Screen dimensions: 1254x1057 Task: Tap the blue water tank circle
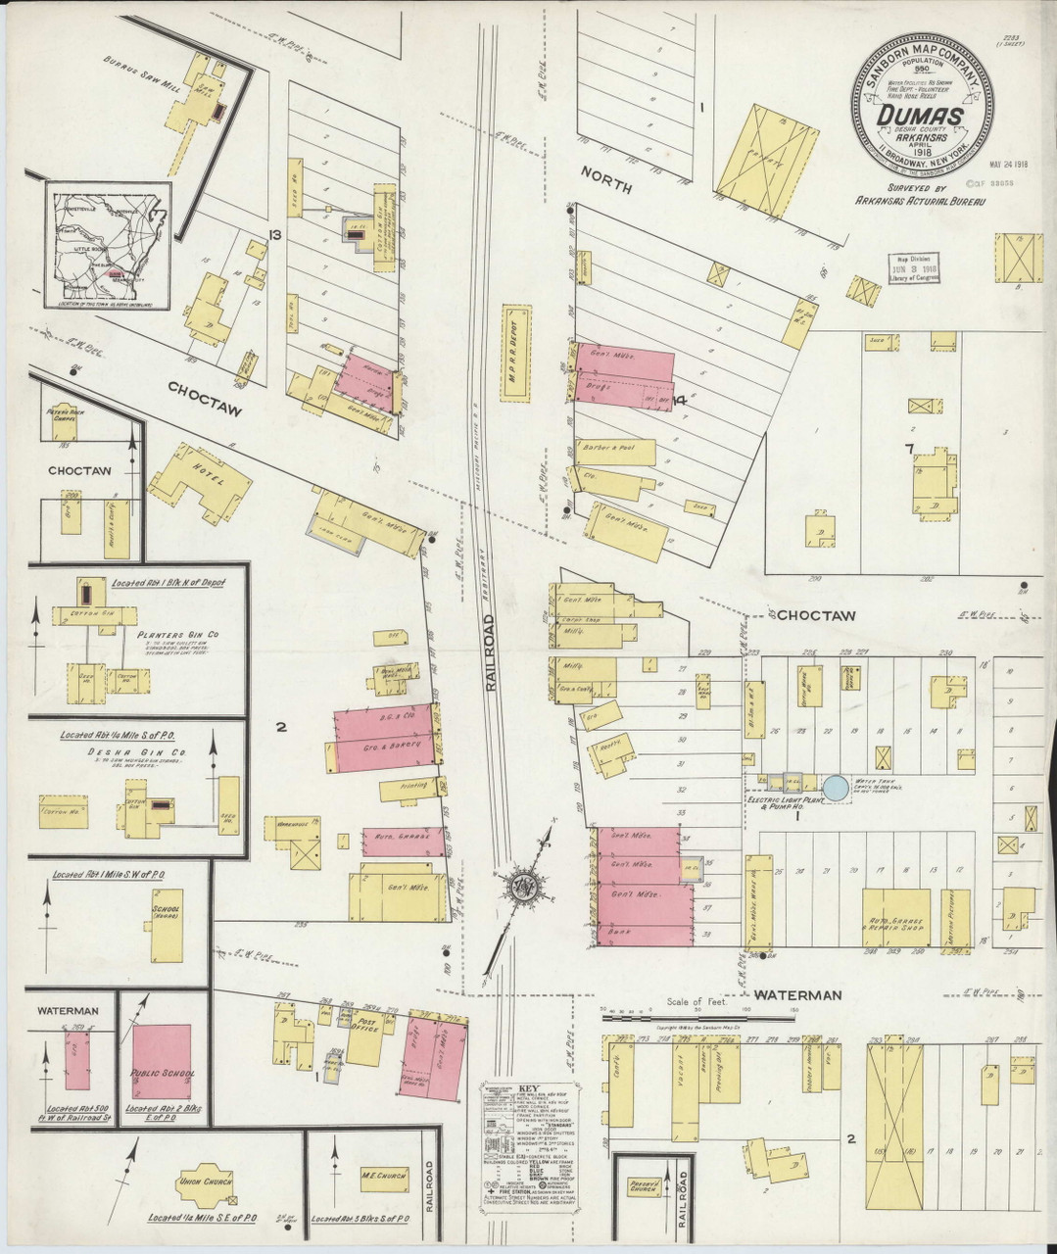835,786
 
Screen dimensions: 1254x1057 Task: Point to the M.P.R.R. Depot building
515,352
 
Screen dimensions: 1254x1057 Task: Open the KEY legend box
532,1142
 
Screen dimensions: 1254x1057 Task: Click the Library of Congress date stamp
914,265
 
